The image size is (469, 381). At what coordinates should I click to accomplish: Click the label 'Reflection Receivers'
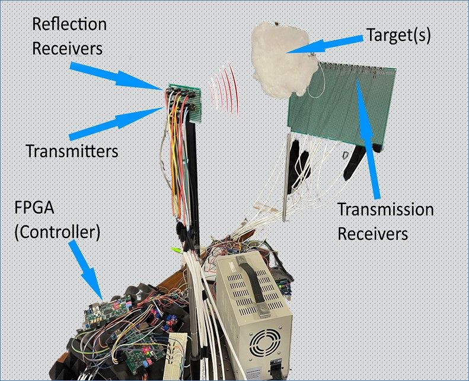(x=69, y=37)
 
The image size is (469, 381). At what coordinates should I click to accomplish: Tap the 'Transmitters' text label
(x=72, y=151)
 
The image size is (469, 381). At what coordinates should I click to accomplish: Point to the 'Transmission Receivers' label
(x=385, y=221)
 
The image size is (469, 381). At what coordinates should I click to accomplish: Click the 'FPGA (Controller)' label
(x=56, y=220)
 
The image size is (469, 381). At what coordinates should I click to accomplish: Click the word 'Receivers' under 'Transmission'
(x=373, y=233)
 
